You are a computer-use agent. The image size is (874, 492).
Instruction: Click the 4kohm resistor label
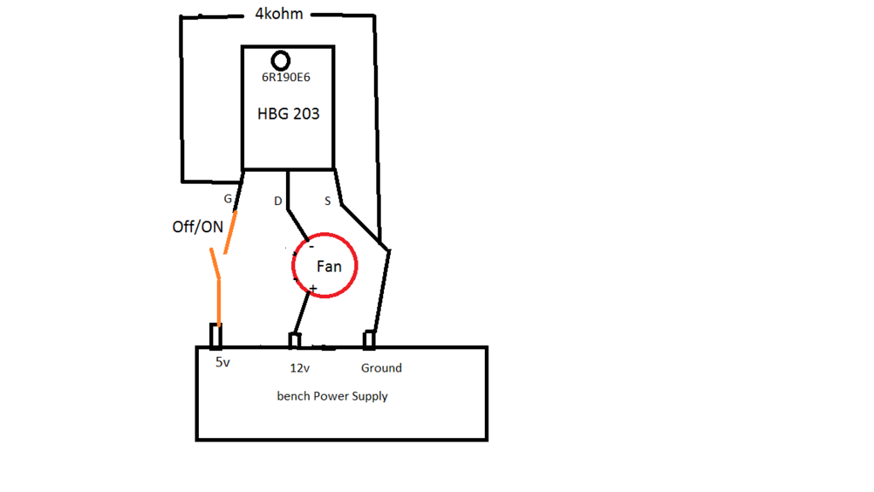click(279, 14)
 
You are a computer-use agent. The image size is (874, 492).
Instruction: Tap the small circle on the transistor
click(280, 61)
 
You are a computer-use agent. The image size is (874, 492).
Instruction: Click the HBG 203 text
click(288, 114)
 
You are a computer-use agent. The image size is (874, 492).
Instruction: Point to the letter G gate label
click(227, 199)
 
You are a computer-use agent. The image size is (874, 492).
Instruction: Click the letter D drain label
click(277, 202)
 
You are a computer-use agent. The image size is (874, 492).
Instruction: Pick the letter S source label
click(328, 201)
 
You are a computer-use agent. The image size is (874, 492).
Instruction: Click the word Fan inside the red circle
click(329, 266)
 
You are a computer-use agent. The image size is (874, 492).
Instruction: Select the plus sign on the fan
click(313, 290)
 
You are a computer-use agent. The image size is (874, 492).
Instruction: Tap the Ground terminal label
click(381, 368)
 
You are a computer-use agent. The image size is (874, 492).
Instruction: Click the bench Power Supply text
click(332, 396)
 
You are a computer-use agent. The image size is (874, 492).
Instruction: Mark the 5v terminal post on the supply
click(216, 337)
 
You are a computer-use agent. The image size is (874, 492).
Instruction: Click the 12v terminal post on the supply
click(294, 341)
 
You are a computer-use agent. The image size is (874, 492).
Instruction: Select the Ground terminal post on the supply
click(370, 340)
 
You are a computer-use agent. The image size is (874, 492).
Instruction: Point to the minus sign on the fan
click(312, 246)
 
